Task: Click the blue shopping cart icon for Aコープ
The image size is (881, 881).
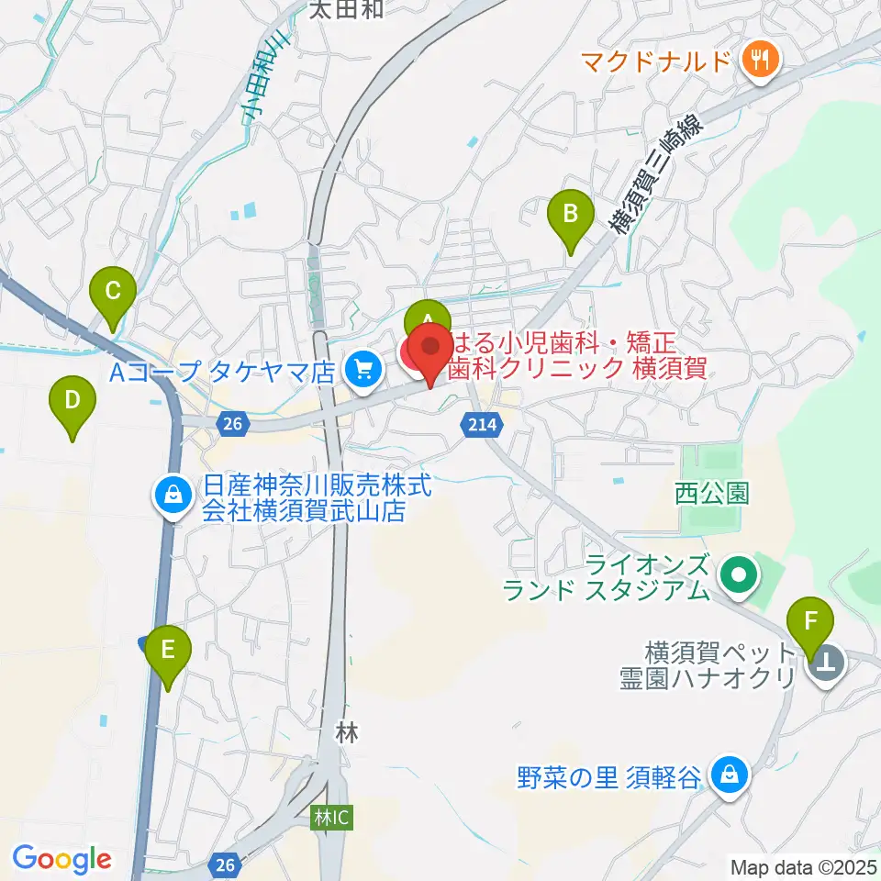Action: point(364,370)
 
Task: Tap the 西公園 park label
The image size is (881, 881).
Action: point(711,494)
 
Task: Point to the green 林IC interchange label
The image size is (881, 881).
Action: point(329,817)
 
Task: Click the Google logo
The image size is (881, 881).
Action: point(61,860)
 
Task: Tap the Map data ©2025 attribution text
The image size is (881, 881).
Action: point(802,865)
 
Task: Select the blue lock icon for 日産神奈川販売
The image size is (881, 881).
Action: point(172,496)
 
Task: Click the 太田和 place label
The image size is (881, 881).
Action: point(345,10)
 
